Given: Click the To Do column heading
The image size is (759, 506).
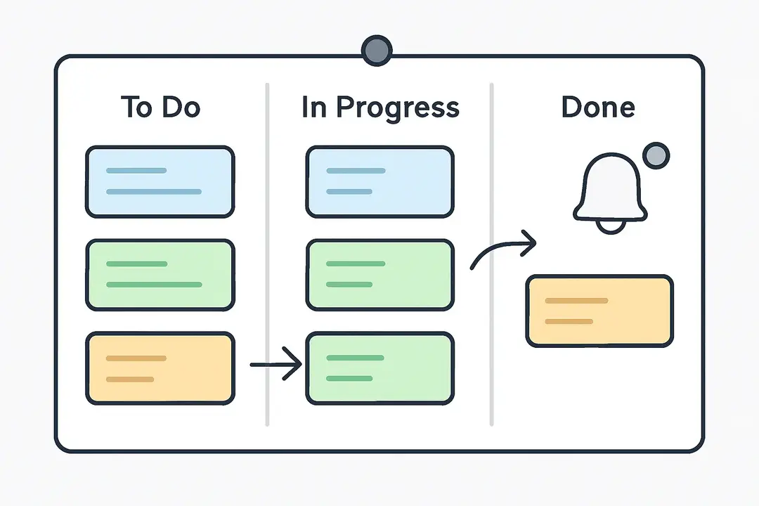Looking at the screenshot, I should pos(160,108).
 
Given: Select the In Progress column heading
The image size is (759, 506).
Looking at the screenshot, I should pos(380,108).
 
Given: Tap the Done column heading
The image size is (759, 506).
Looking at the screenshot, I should pos(598,108).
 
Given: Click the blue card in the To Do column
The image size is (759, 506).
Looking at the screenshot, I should pos(160,181).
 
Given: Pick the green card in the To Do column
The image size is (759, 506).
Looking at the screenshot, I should pos(160,275).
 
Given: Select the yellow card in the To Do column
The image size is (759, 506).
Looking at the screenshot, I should pos(160,369).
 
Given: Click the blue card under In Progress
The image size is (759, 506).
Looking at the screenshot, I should pos(379,181).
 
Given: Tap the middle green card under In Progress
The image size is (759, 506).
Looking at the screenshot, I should pos(379,275).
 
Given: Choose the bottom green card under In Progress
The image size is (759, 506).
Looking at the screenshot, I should pos(379,369).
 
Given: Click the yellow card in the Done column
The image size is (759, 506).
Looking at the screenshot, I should pos(599,311).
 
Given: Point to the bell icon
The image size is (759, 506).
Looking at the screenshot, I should pos(609,190).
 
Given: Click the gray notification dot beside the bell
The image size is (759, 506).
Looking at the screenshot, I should pos(656,155).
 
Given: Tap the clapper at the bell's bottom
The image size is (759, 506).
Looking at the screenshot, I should pos(610,226).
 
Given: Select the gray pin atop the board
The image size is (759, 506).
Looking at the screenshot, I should pos(377,51).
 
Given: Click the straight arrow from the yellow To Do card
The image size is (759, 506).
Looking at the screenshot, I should pos(275,365).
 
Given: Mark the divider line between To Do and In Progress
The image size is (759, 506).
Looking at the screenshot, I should pos(267,253).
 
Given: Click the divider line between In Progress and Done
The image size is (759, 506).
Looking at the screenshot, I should pos(491,253).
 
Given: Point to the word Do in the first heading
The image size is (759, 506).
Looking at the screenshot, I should pos(181,108).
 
